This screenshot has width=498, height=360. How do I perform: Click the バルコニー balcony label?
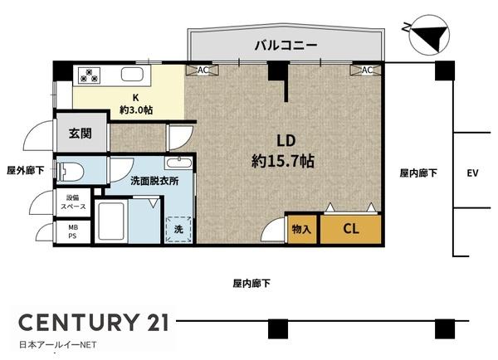click(285, 46)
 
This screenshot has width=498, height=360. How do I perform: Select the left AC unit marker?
click(203, 71)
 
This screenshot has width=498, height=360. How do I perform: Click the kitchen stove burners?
click(89, 75)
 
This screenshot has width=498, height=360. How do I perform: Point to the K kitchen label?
click(134, 96)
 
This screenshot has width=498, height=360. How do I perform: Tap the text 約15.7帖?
click(282, 162)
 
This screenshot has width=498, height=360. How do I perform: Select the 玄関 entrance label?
click(80, 133)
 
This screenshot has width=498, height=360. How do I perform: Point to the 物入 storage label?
click(301, 230)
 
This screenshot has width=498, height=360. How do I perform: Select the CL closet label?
click(351, 229)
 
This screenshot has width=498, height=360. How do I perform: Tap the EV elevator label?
click(473, 173)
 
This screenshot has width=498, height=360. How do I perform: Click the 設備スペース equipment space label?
click(72, 202)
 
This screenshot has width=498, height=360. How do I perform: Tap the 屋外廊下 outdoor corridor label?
click(26, 170)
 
